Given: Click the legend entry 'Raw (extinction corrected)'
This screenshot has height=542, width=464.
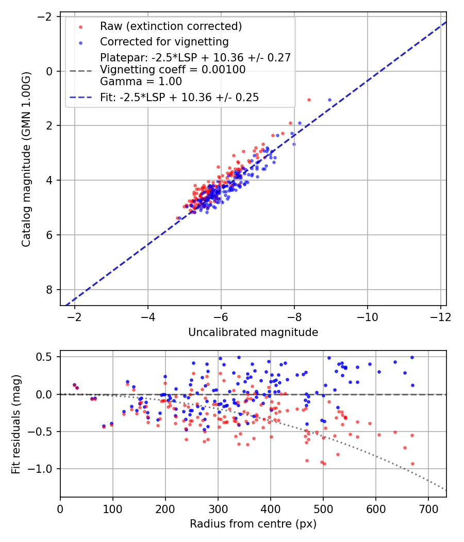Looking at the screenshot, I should point(171,26).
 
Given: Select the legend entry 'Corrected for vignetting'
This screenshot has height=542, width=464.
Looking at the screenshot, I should point(164,41).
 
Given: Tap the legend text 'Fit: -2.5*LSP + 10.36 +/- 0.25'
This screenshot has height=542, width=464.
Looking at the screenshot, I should point(179,97).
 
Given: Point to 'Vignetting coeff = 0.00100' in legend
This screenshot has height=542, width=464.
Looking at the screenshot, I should point(173,69).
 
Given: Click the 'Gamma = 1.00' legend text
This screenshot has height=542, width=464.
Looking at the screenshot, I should point(141,81).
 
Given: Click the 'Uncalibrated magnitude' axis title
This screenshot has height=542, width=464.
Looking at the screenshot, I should point(253,332).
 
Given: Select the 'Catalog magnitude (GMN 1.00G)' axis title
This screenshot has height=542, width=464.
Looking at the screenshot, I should point(26,159).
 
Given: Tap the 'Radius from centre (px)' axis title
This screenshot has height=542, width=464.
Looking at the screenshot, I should point(253,524).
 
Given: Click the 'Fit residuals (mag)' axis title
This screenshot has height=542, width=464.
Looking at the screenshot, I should point(16,424).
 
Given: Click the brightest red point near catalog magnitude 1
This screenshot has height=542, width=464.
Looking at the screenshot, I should point(309,100).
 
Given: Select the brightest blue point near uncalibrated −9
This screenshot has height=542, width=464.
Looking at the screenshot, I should point(329,100).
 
